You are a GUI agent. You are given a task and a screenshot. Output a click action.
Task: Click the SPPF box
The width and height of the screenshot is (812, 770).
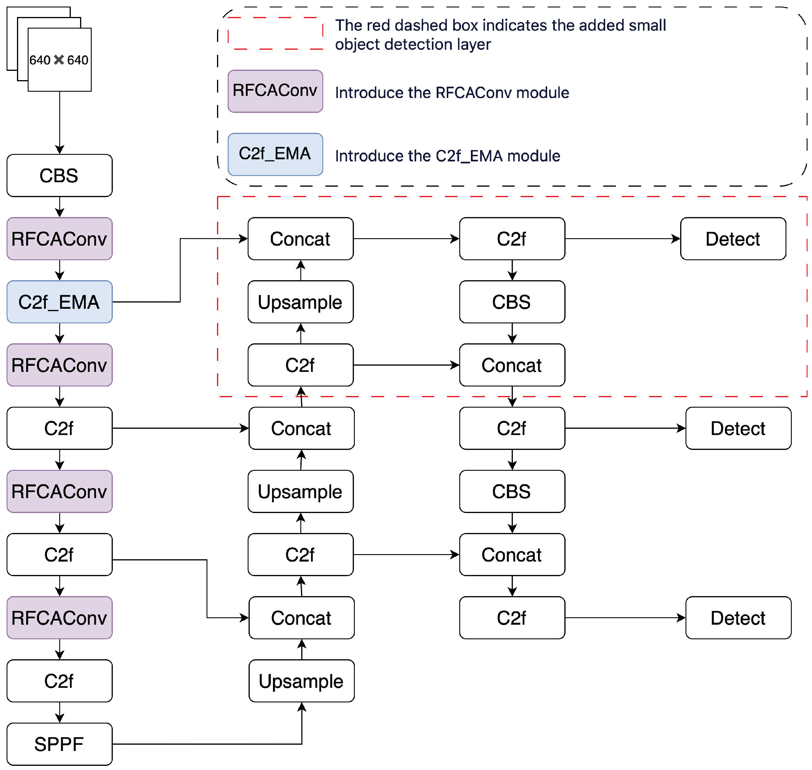(x=60, y=744)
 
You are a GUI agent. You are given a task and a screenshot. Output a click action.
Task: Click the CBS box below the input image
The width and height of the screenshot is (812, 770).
(x=60, y=175)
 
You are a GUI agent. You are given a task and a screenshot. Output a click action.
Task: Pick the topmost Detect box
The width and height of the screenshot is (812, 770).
(x=733, y=239)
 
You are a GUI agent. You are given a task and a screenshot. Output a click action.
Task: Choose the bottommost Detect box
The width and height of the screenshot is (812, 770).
(x=738, y=618)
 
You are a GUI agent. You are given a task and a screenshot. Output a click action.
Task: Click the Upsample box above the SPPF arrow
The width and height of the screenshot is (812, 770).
(x=302, y=681)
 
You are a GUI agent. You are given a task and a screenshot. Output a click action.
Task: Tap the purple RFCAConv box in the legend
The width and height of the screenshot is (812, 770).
(x=275, y=91)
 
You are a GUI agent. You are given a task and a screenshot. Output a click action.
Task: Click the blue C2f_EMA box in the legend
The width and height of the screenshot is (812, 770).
(x=275, y=154)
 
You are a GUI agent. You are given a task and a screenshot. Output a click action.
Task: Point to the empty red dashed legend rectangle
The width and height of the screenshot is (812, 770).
(x=275, y=34)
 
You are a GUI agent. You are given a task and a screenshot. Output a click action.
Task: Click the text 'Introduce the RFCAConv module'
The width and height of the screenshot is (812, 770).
(x=452, y=93)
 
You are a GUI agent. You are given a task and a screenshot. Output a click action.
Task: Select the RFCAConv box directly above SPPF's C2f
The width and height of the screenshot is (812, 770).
(x=60, y=618)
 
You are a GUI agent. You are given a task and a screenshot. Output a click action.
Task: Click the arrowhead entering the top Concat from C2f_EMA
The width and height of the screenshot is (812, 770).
(x=244, y=239)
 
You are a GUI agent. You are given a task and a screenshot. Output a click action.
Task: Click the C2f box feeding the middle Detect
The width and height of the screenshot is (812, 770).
(x=512, y=428)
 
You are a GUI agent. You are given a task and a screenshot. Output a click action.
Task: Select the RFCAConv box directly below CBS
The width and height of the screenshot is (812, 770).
(x=60, y=239)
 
